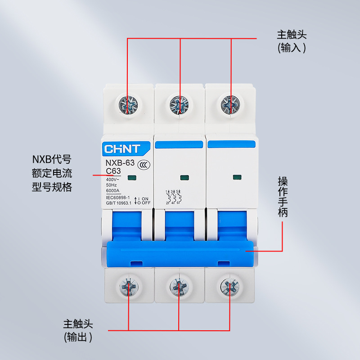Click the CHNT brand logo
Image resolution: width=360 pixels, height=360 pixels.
click(x=122, y=148)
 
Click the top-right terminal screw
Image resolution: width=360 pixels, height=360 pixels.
click(x=230, y=105)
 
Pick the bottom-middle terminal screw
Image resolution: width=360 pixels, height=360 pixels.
click(x=179, y=286)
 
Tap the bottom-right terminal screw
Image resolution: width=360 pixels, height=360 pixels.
click(x=230, y=286)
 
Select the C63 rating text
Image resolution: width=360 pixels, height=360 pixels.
click(x=113, y=171)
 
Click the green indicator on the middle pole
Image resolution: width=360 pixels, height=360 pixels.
click(x=183, y=178)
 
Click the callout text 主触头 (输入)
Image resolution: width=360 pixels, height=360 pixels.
click(x=292, y=41)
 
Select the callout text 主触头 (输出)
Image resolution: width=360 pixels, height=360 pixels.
click(x=78, y=331)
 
